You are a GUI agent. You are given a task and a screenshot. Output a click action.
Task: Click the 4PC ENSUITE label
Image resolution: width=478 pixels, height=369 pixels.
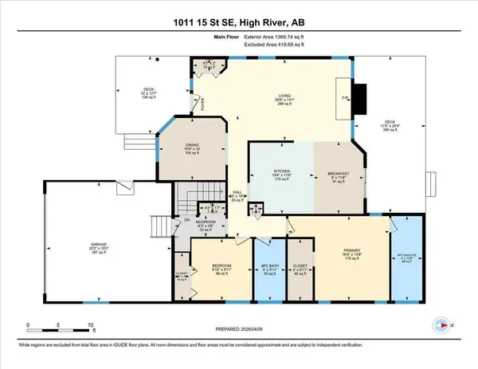pos(406,257)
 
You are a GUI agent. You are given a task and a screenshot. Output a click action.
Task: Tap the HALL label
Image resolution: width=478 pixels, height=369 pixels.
pos(237,192)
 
